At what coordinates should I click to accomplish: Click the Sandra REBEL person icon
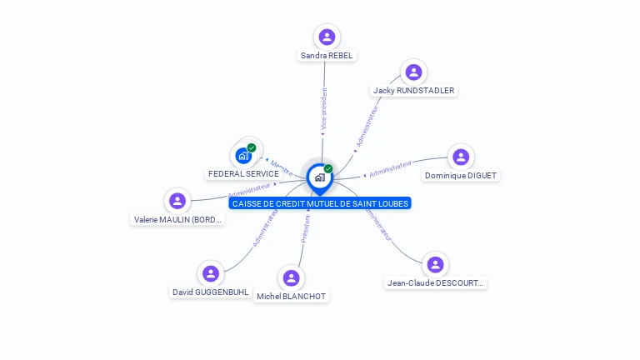tap(327, 37)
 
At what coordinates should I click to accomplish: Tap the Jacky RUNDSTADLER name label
tap(414, 90)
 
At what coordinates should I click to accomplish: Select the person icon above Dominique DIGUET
tap(461, 157)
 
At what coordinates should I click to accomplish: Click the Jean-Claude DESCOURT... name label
tap(435, 282)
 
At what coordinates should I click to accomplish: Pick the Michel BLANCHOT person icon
tap(291, 277)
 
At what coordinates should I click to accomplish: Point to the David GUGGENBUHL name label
tap(210, 292)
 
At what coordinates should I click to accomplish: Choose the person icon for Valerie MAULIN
tap(177, 201)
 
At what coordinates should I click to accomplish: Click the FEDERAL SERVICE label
tap(243, 173)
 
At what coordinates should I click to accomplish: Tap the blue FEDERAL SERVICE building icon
tap(243, 156)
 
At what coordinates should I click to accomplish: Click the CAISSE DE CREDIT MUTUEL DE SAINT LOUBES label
tap(321, 203)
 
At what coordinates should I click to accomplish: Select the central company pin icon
tap(319, 177)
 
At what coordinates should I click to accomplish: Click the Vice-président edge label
tap(324, 108)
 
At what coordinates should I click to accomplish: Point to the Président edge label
tap(306, 229)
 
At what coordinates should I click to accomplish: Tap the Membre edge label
tap(281, 165)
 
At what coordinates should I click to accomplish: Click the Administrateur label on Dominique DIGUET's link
tap(390, 169)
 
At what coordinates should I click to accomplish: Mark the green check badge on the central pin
tap(328, 168)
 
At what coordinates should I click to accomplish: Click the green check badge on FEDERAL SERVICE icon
tap(252, 147)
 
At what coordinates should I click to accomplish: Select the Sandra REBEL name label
tap(327, 56)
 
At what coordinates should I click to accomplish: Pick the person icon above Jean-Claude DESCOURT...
tap(435, 264)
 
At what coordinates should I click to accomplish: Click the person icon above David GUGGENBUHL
tap(210, 273)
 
